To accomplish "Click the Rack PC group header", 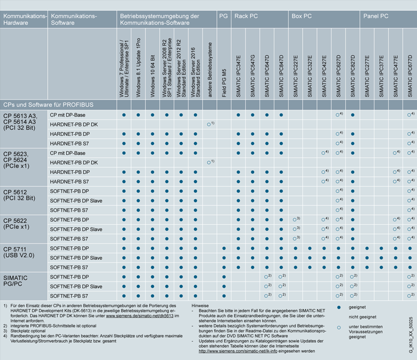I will pos(246,16).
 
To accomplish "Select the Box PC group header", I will pos(302,16).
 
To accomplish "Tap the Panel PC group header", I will pos(376,16).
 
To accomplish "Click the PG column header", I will pos(223,16).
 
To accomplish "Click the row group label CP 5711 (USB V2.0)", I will pos(19,251).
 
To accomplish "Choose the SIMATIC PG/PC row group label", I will pos(15,281).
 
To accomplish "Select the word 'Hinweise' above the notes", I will pos(201,305).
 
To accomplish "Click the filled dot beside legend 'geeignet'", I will pos(339,307).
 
